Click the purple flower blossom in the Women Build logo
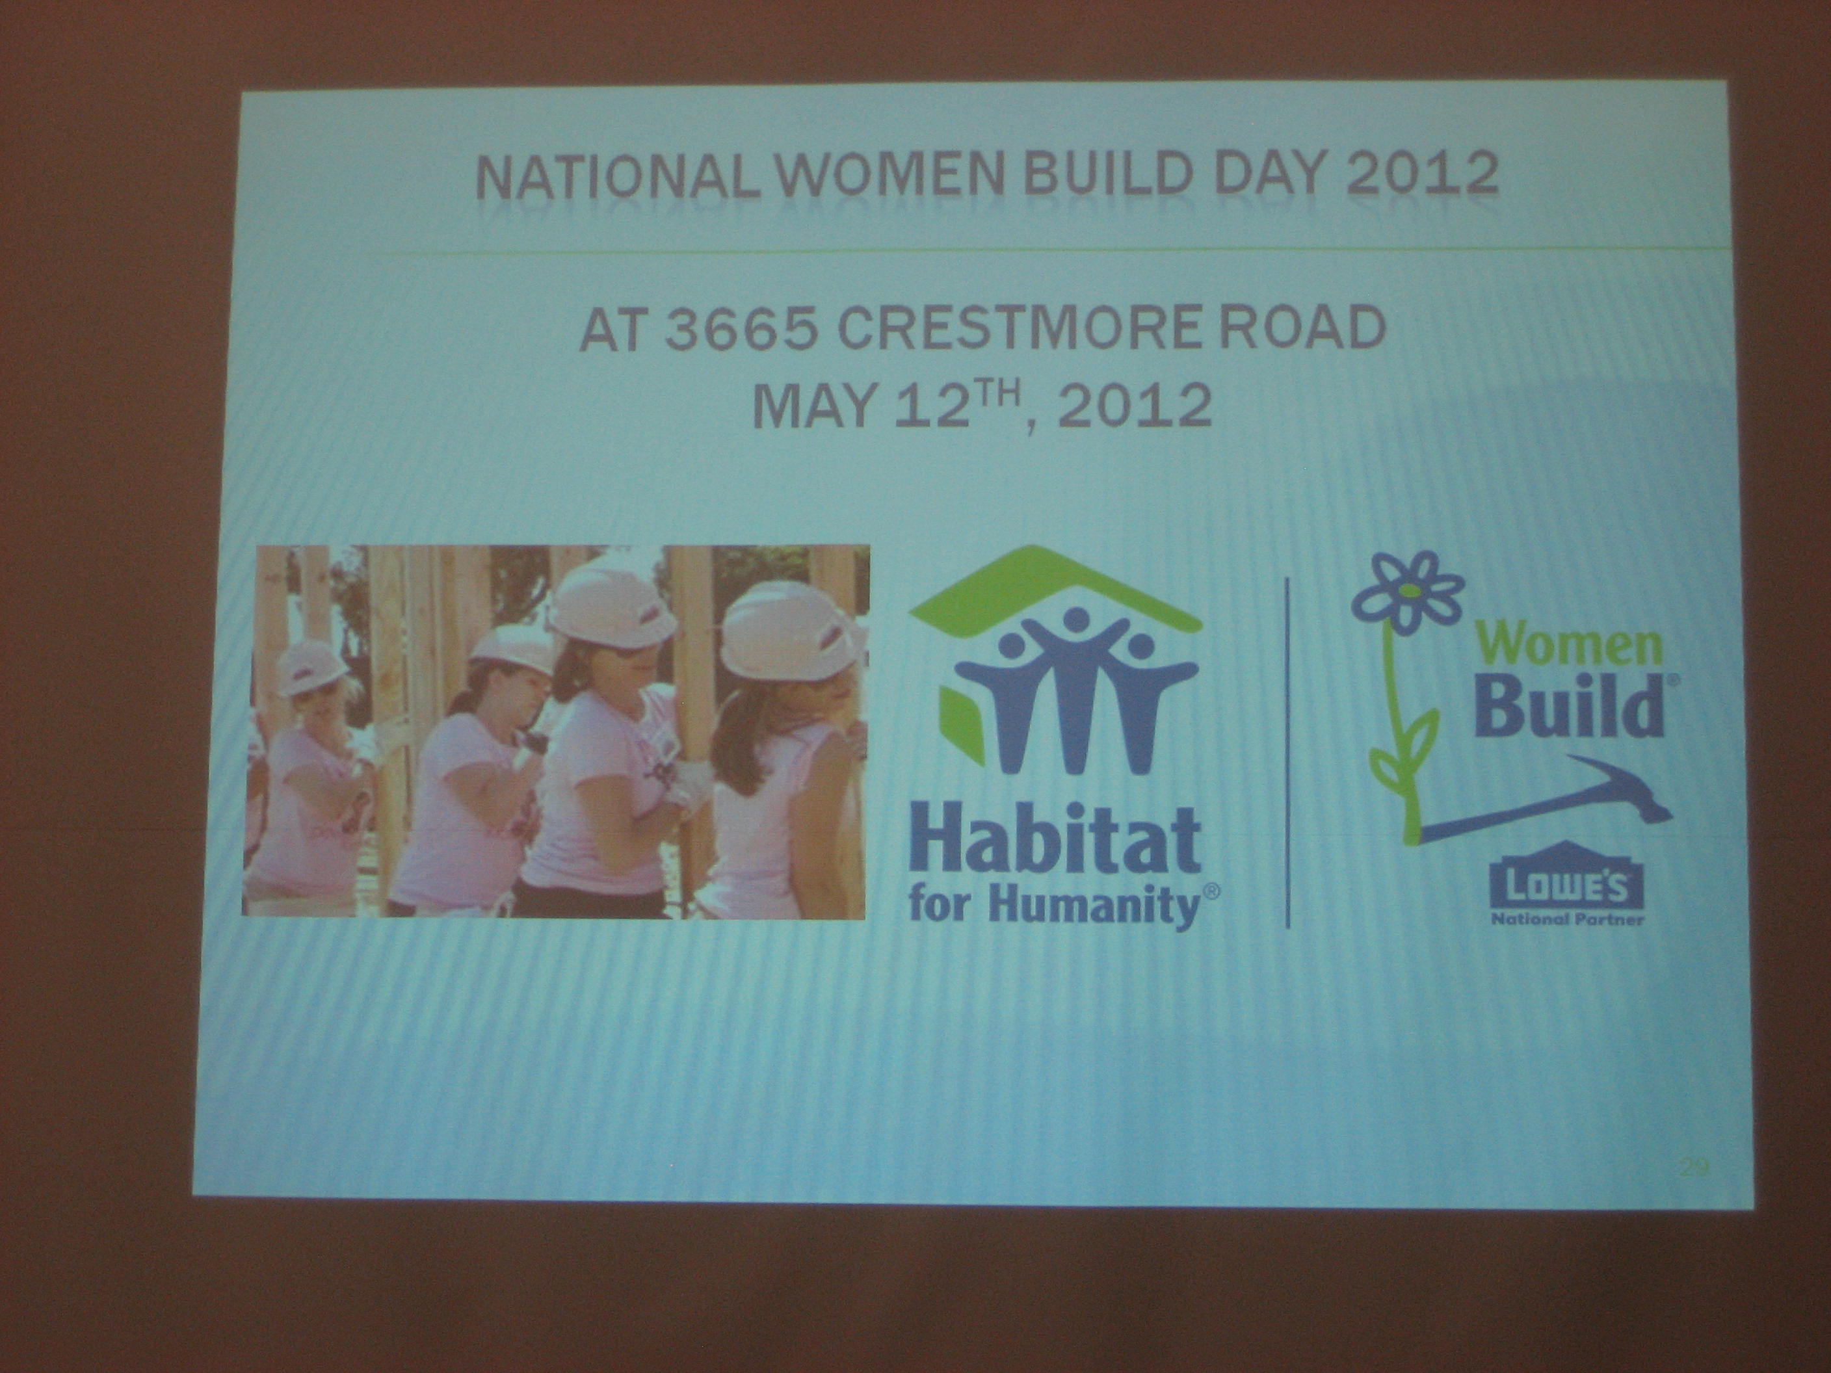[x=1406, y=594]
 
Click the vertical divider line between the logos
[x=1287, y=752]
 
